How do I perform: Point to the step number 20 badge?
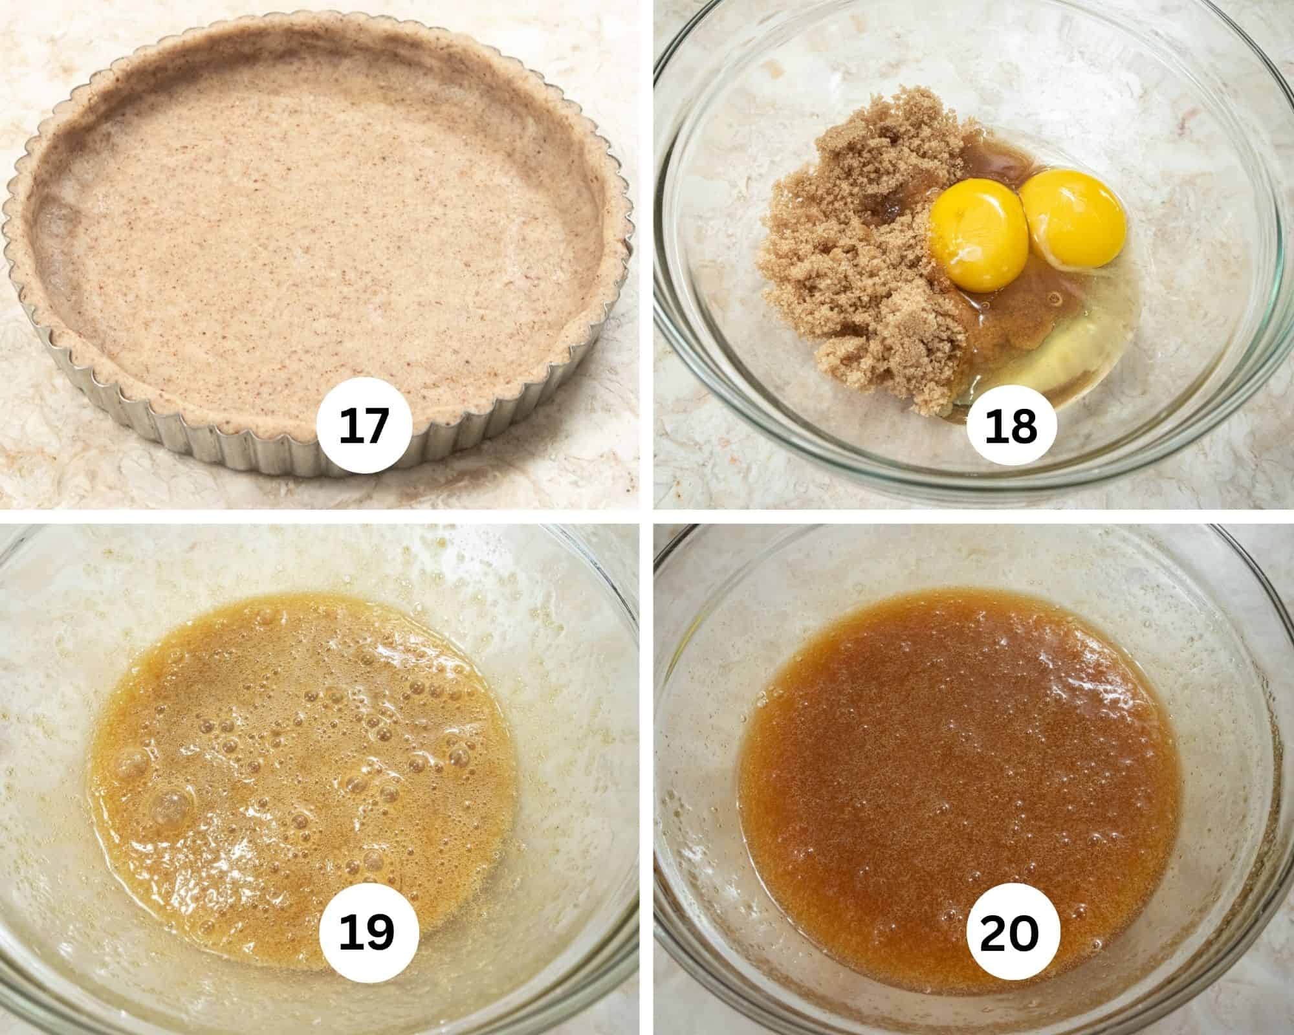1009,933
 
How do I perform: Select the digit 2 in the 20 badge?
993,933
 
